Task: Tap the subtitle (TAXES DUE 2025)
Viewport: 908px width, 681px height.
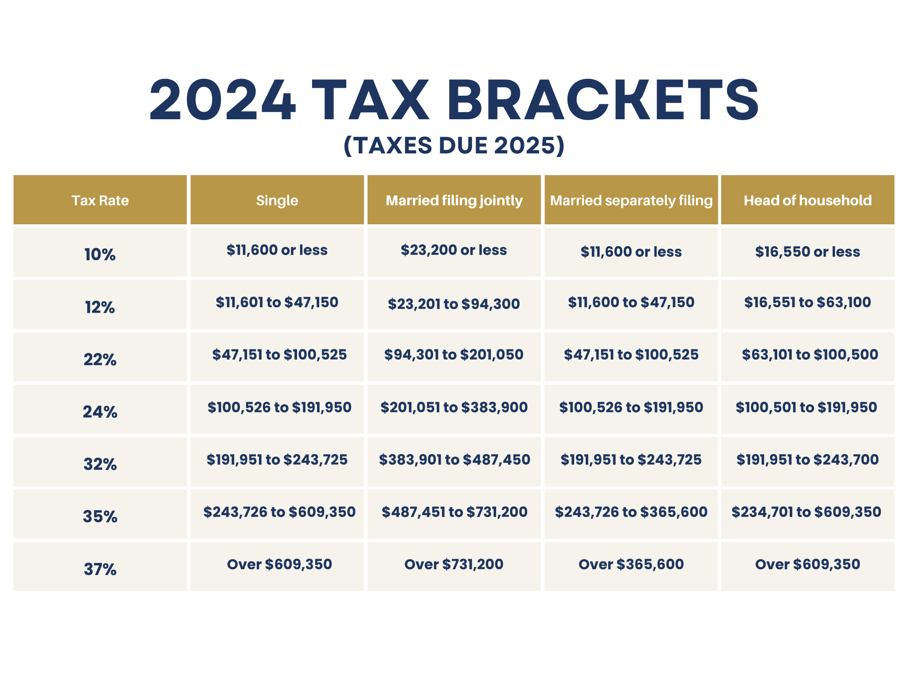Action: [x=454, y=145]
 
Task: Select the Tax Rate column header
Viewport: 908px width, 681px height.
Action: [x=100, y=200]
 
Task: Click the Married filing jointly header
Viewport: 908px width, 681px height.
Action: [x=454, y=200]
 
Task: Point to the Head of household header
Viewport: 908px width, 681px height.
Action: [x=807, y=200]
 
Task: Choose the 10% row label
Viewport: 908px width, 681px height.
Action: [x=100, y=254]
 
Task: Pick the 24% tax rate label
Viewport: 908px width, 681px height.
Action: [x=100, y=412]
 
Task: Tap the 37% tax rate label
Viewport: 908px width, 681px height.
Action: [x=100, y=569]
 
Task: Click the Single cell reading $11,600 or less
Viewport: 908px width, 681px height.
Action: [x=277, y=250]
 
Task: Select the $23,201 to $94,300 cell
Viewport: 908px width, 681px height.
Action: [x=454, y=304]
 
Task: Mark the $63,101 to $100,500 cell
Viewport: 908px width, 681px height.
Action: [x=810, y=355]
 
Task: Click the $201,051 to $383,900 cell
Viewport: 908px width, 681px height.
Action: [x=454, y=407]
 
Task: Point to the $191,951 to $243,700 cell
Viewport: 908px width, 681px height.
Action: [x=807, y=460]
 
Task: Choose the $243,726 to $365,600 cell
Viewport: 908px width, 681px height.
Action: [x=631, y=512]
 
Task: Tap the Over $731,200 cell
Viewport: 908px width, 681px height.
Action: [x=454, y=564]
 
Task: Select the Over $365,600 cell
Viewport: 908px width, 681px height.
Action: [x=631, y=564]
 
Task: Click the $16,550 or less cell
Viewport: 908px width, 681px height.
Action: [x=807, y=252]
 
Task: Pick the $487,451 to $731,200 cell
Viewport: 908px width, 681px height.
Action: [x=454, y=512]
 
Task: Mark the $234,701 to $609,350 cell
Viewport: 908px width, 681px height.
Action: [x=806, y=512]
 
